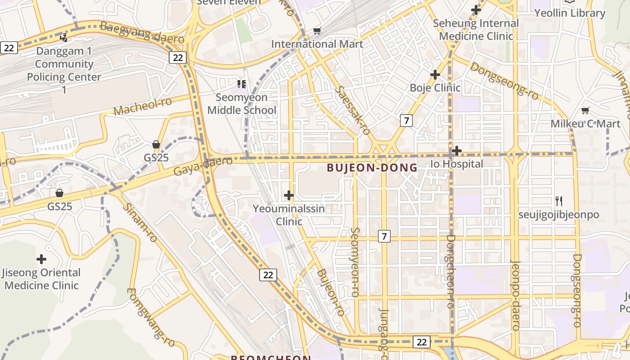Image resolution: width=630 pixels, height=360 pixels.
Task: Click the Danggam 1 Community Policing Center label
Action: tap(64, 71)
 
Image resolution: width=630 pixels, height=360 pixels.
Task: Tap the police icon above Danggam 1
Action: tap(64, 38)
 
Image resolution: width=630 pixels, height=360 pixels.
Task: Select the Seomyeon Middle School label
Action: tap(242, 104)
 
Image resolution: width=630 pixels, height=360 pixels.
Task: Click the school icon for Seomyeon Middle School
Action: tap(242, 84)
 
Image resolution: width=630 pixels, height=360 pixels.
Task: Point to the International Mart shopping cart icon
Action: tap(317, 31)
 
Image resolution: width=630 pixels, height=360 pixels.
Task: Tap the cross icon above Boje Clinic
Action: tap(435, 74)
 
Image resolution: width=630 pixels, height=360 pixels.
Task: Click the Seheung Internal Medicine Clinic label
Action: tap(476, 30)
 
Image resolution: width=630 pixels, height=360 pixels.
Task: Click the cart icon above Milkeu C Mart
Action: tap(585, 110)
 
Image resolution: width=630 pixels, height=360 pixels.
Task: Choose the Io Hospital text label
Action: tap(457, 164)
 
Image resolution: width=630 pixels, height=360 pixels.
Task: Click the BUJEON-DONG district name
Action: tap(372, 168)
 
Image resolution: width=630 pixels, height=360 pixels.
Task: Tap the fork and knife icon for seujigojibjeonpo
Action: tap(558, 201)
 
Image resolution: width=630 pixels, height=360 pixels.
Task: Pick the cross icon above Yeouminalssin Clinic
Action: tap(289, 195)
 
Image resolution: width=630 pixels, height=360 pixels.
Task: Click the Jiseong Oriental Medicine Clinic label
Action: tap(41, 279)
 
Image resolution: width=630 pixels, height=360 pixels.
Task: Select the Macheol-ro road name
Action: tap(143, 106)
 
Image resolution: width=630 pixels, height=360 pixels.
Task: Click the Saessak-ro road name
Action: tap(352, 111)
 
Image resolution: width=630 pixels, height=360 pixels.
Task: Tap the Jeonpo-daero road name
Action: tap(516, 295)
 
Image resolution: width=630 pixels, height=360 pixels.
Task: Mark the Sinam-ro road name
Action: tap(139, 222)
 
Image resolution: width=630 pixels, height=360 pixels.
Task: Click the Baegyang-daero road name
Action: tap(142, 33)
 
